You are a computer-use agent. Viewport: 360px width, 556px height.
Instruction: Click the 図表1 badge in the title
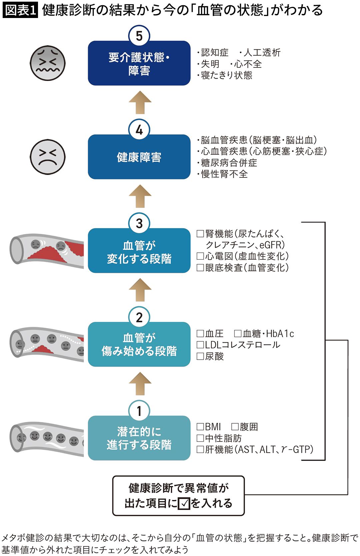point(20,10)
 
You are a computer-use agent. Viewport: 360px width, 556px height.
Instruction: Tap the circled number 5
point(139,36)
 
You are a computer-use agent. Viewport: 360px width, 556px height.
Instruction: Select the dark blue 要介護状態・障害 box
point(139,63)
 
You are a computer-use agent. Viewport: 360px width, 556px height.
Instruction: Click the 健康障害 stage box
point(139,157)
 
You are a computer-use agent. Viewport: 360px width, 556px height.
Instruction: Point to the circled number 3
point(139,223)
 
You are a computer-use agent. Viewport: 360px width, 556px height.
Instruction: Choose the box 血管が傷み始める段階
point(139,344)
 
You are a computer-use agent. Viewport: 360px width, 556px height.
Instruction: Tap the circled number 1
point(139,411)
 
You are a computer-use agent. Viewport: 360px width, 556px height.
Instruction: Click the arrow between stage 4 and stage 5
point(140,102)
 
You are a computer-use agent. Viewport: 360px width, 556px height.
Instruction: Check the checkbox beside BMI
point(200,427)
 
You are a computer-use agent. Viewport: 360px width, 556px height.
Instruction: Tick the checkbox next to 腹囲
point(235,427)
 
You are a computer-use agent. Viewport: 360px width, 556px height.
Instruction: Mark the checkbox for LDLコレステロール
point(200,345)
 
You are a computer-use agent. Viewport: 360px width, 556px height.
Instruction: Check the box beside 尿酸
point(200,356)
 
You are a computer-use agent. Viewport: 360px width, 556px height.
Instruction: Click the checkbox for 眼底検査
point(200,268)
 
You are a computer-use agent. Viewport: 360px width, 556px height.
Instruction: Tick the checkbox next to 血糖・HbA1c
point(238,333)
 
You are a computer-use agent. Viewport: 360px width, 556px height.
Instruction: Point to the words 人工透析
point(262,53)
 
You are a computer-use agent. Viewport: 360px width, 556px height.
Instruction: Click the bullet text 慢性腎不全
point(224,174)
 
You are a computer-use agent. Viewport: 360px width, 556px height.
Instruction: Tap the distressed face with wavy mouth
point(47,63)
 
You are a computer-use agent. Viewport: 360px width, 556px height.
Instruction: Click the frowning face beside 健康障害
point(47,157)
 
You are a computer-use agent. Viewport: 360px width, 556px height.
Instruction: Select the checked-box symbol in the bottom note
point(184,503)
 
